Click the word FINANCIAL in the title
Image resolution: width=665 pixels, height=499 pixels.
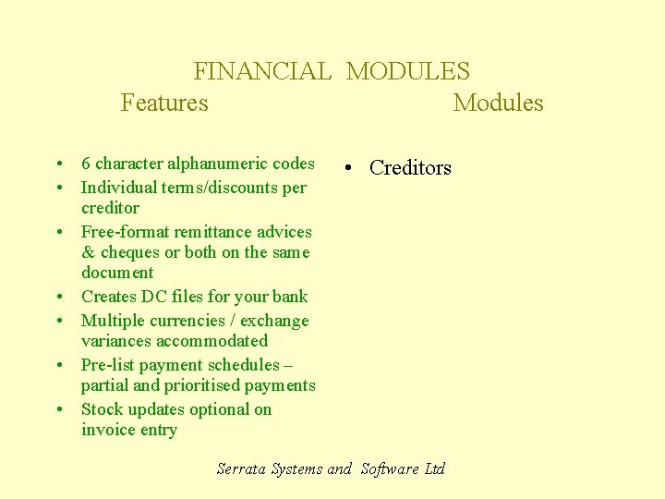coord(261,71)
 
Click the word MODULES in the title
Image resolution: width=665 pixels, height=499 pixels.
coord(407,71)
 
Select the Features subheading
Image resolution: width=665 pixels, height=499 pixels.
coord(164,103)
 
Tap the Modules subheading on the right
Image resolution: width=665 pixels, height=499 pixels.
coord(498,103)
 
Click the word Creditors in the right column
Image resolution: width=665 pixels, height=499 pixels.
coord(410,167)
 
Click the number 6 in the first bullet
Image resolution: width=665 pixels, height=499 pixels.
coord(86,164)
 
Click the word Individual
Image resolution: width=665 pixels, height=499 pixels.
coord(118,188)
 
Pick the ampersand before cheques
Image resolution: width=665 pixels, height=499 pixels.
coord(88,252)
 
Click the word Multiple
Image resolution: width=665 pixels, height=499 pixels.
coord(115,321)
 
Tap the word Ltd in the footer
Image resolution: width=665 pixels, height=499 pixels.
coord(434,469)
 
